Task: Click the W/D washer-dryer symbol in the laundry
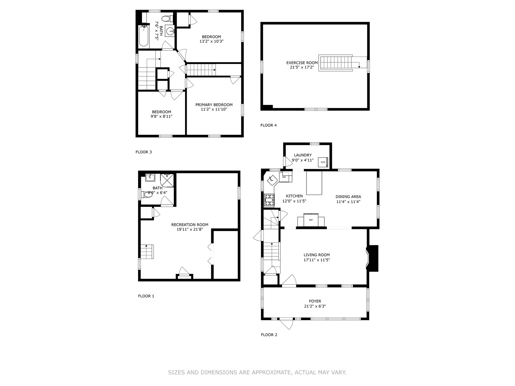[323, 162]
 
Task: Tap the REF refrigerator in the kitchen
[311, 220]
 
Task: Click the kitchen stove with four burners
[269, 200]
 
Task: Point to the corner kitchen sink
[272, 180]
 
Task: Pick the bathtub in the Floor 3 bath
[143, 36]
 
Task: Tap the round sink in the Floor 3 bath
[170, 31]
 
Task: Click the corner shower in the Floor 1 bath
[167, 180]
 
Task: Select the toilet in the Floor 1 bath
[147, 194]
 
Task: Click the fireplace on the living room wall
[372, 258]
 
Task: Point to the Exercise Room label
[302, 63]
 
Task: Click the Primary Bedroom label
[214, 105]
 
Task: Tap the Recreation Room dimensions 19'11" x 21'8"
[190, 229]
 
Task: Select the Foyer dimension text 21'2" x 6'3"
[315, 306]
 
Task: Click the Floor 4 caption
[269, 125]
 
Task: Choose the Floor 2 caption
[269, 335]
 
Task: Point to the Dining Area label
[348, 197]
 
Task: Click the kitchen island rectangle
[314, 183]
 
